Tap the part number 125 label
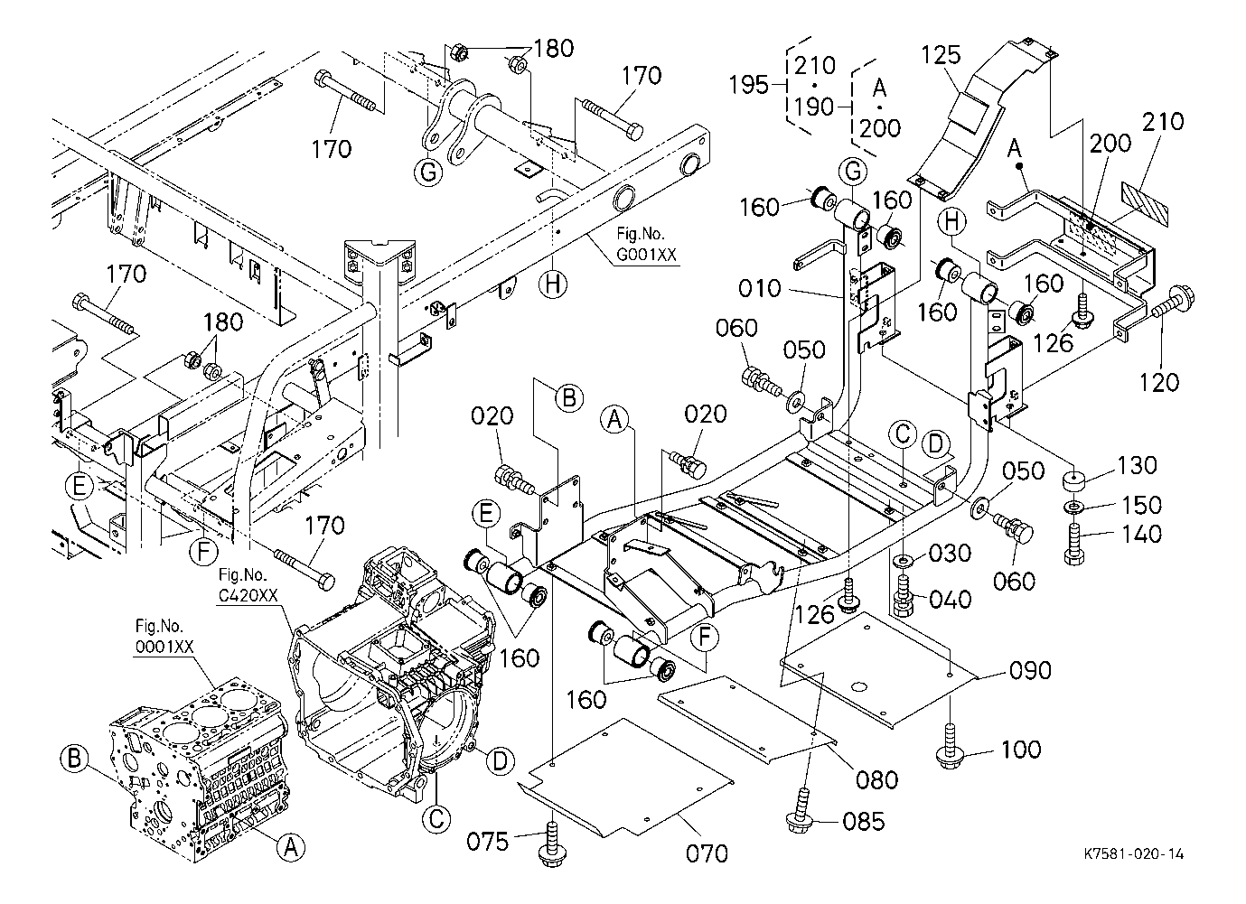coord(942,54)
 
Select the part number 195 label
coord(749,85)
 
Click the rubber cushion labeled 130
coord(1074,480)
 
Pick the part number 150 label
coord(1141,505)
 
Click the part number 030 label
coord(951,553)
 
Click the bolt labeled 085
coord(800,809)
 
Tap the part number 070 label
coord(707,853)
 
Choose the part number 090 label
coord(1030,670)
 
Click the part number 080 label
coord(877,780)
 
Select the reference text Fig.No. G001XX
coord(645,244)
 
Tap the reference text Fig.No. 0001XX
coord(164,637)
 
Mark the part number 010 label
coord(760,288)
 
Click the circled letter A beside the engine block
coord(290,848)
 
